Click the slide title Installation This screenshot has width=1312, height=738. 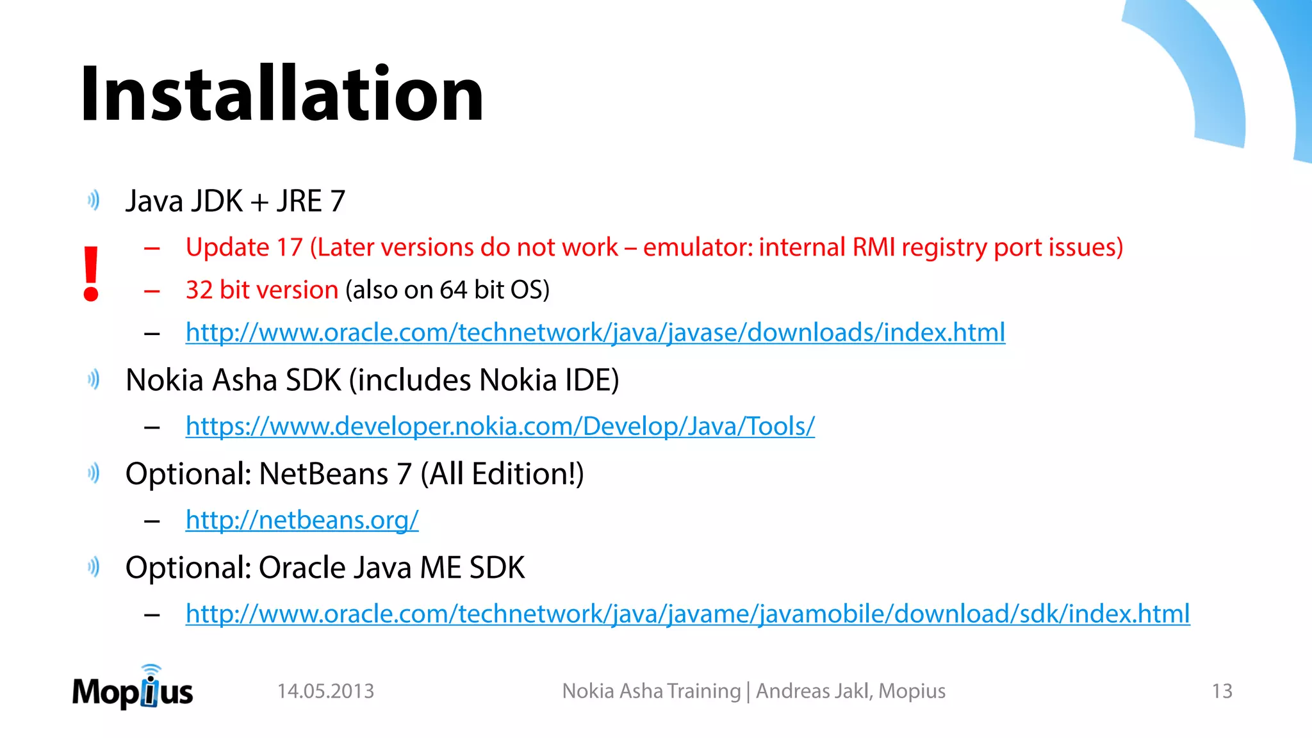[x=282, y=95]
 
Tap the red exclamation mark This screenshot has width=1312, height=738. [x=91, y=274]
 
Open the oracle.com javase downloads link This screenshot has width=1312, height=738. [x=595, y=332]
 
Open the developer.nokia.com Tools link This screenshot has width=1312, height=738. [x=500, y=426]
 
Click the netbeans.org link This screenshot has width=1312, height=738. [x=302, y=520]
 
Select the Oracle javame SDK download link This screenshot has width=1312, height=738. [x=687, y=614]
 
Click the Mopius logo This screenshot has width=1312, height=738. [x=133, y=689]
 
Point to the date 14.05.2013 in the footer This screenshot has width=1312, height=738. [x=325, y=691]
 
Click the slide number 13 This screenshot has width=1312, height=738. [x=1222, y=691]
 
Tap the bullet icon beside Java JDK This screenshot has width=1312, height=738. [x=94, y=201]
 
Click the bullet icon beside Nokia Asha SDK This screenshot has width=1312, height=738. [x=94, y=379]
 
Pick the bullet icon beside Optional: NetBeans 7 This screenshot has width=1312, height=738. [x=94, y=473]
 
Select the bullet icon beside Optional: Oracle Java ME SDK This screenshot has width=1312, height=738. [x=94, y=567]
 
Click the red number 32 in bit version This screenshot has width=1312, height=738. [x=199, y=290]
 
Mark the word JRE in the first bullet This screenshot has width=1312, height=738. [x=299, y=201]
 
